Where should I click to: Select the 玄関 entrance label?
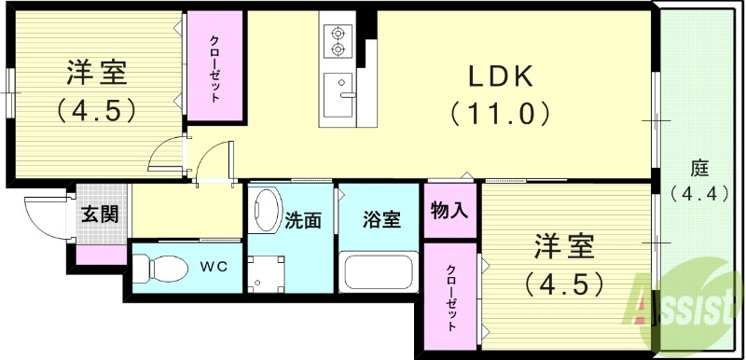100,214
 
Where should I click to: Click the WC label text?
214,264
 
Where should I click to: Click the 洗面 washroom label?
303,221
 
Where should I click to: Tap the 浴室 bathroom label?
381,221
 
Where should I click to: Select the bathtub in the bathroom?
380,272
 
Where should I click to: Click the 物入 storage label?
449,211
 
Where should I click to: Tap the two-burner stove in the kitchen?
337,40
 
